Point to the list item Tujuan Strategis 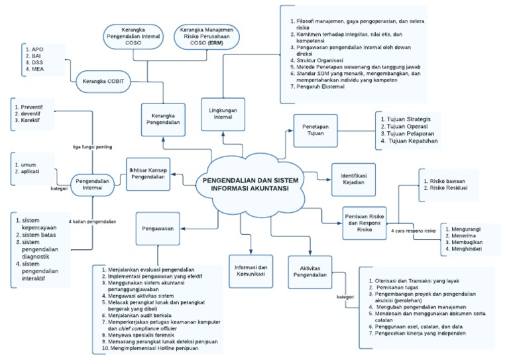coord(413,119)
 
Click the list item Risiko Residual coord(448,188)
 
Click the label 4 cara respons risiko coord(412,231)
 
